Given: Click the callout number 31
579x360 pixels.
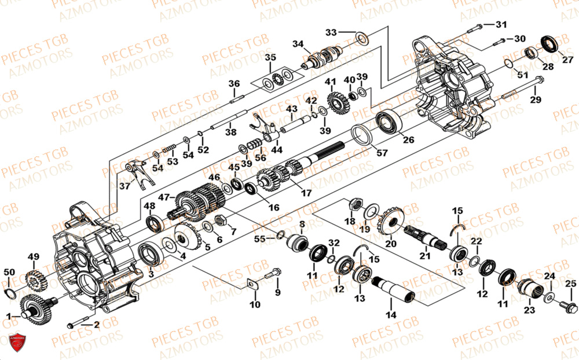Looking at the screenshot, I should click(501, 24).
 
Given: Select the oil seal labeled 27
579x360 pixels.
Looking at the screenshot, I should click(548, 43).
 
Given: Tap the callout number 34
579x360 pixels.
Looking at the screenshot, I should click(298, 43).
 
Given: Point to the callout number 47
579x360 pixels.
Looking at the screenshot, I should click(164, 197).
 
